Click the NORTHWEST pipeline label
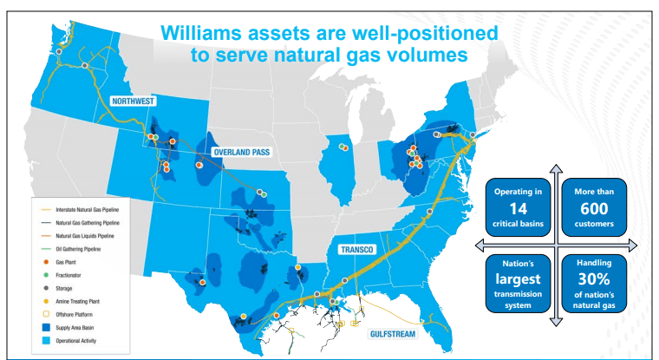[133, 101]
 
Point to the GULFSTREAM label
[395, 331]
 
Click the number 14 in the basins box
[518, 209]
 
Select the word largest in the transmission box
[518, 280]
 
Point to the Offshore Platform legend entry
[82, 311]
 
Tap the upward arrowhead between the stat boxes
[556, 168]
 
